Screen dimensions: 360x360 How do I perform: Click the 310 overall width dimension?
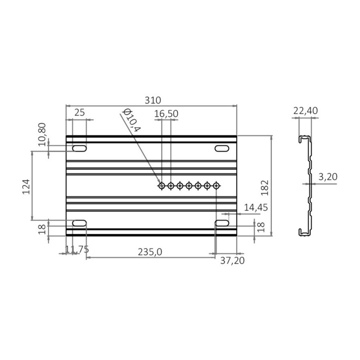153,100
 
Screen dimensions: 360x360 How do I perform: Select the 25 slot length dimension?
80,112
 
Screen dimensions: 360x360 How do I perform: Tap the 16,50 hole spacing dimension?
166,114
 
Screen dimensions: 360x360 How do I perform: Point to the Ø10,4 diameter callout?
131,120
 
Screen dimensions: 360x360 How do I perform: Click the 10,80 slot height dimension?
42,134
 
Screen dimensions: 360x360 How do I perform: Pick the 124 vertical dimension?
26,187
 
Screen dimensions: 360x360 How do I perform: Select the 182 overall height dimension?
265,188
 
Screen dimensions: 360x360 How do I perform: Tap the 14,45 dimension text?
256,208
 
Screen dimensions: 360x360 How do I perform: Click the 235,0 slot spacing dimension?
150,252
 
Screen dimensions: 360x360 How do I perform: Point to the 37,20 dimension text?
232,260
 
